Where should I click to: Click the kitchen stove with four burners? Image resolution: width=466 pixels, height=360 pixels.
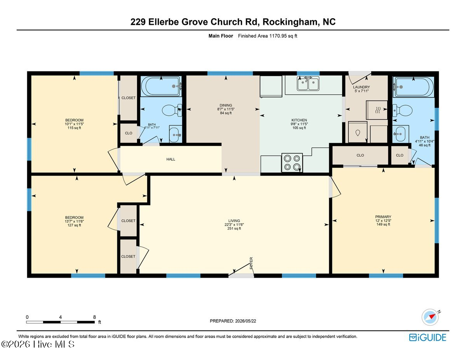[x=292, y=162]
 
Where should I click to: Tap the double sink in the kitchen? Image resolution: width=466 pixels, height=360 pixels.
[x=308, y=83]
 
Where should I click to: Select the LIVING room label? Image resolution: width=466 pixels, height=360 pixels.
[x=234, y=221]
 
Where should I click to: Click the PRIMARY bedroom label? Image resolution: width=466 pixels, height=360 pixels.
[x=383, y=217]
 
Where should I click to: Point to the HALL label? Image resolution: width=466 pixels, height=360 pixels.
[x=171, y=159]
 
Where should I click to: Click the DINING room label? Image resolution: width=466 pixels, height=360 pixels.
[x=226, y=105]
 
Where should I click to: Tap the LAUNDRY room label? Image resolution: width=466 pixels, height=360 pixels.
[x=362, y=87]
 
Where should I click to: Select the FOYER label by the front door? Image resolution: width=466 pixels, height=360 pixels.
[x=251, y=263]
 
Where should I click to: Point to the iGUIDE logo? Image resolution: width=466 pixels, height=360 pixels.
[x=428, y=337]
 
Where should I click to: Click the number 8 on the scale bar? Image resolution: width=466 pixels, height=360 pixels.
[x=94, y=317]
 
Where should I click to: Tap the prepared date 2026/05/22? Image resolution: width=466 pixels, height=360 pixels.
[x=245, y=321]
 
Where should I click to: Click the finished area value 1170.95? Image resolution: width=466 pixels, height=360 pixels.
[x=278, y=36]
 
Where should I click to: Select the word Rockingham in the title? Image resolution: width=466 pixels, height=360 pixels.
[x=290, y=22]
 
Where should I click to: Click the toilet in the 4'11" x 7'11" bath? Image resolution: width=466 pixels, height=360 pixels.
[x=172, y=110]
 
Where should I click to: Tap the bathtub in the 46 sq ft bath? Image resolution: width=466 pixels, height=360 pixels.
[x=413, y=87]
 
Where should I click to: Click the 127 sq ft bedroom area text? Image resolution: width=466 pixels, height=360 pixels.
[x=74, y=225]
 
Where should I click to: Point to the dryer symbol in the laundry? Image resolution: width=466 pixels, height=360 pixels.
[x=377, y=110]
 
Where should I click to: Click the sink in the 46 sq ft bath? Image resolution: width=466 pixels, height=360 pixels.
[x=400, y=134]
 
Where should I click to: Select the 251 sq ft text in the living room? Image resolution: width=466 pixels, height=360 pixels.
[x=234, y=228]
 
